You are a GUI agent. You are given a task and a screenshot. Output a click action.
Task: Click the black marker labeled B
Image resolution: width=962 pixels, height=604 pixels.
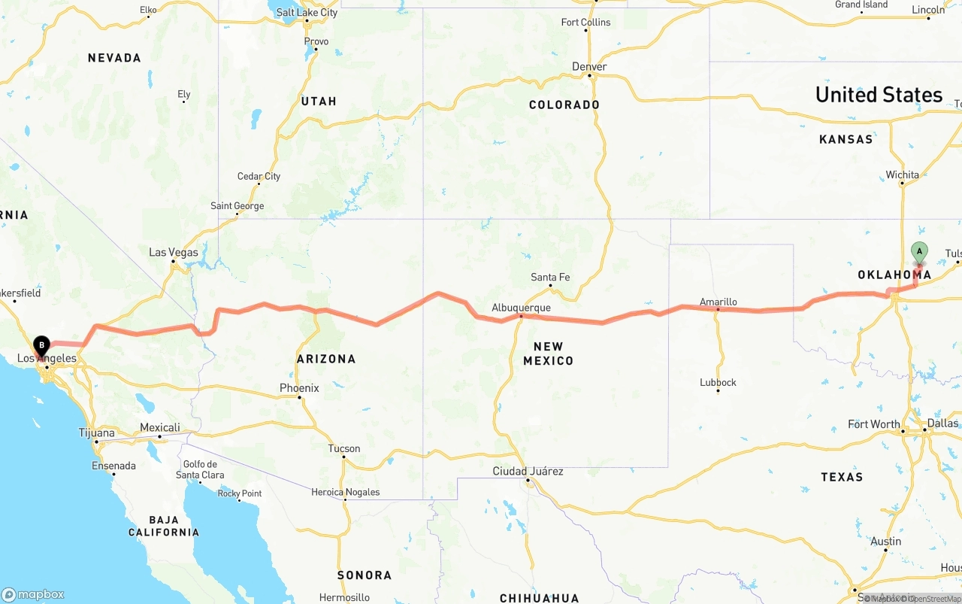(41, 346)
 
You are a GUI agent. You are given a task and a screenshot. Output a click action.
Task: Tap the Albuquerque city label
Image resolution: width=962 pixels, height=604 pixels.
(521, 308)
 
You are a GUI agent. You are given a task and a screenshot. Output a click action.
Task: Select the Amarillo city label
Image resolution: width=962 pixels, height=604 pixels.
(718, 302)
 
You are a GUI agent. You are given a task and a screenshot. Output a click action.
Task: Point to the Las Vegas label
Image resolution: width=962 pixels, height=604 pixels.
(173, 252)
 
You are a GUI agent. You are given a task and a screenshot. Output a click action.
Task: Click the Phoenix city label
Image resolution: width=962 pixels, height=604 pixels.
(299, 388)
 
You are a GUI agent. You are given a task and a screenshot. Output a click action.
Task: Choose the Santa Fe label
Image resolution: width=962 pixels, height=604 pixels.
(550, 277)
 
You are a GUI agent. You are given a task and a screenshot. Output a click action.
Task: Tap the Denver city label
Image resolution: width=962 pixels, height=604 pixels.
(589, 66)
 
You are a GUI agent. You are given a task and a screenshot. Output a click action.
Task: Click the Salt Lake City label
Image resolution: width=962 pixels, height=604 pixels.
(307, 12)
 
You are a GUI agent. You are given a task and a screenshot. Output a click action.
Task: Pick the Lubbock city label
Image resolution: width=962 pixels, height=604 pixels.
(718, 382)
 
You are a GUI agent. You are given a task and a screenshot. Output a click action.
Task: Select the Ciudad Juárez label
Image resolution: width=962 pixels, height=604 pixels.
(528, 471)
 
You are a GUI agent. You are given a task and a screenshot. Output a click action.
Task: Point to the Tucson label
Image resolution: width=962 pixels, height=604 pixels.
(344, 448)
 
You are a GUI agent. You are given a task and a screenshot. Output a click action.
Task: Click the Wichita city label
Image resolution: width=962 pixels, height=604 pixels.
(902, 175)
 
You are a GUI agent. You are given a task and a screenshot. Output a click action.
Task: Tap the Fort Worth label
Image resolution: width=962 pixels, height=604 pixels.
(873, 424)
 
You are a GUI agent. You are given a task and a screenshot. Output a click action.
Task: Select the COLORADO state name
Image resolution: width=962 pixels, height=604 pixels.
(564, 105)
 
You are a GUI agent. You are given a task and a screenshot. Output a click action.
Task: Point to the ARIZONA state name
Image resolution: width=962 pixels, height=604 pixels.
(326, 359)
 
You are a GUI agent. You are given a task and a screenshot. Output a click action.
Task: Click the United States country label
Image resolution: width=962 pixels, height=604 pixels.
(879, 95)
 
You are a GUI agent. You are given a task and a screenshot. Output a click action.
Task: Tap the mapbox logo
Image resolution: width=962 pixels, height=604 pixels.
(33, 594)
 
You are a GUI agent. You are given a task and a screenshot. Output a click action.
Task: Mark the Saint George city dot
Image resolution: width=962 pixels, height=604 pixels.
(237, 214)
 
